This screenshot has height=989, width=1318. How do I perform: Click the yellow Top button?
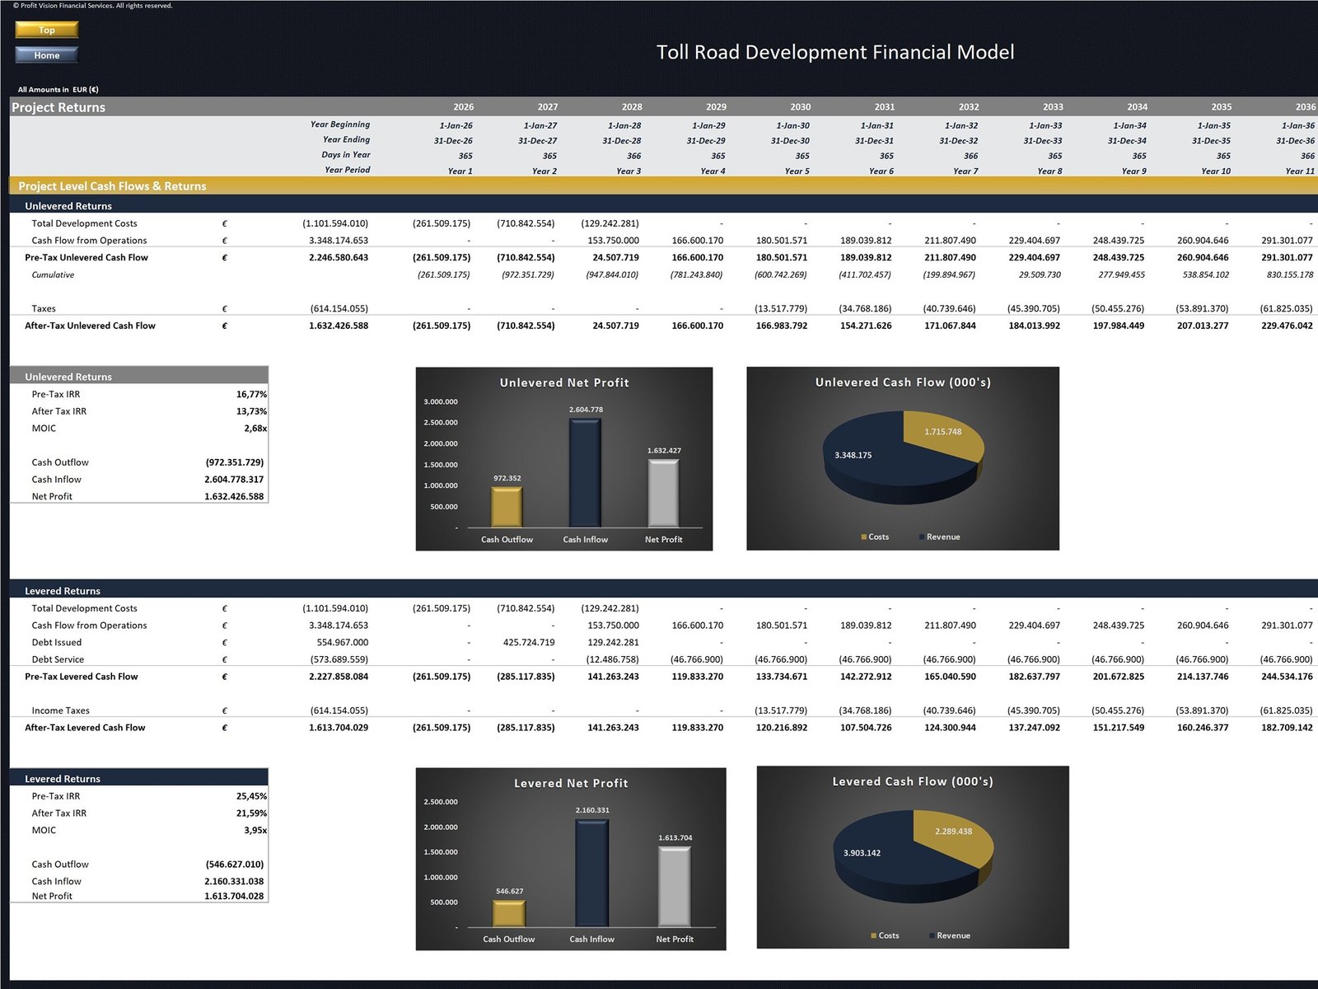point(46,30)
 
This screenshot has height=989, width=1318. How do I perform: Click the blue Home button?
point(46,55)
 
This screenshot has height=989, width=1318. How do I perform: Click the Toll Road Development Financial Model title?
point(834,52)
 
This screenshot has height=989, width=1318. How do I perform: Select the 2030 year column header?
point(800,107)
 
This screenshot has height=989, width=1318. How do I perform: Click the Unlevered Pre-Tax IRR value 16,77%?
point(251,394)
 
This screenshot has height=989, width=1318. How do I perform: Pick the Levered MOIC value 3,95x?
point(255,830)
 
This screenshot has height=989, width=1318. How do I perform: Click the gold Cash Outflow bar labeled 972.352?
point(507,507)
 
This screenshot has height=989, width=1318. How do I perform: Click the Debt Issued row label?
point(57,642)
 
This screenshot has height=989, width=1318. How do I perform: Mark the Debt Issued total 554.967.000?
point(342,642)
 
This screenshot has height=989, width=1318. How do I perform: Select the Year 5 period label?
point(797,171)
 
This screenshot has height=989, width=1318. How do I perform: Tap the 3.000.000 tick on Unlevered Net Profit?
point(441,402)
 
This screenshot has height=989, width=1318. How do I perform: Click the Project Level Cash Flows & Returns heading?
point(112,186)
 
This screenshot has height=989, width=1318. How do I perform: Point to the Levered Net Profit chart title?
point(571,783)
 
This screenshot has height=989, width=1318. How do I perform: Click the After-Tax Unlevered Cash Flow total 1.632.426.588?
point(339,326)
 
